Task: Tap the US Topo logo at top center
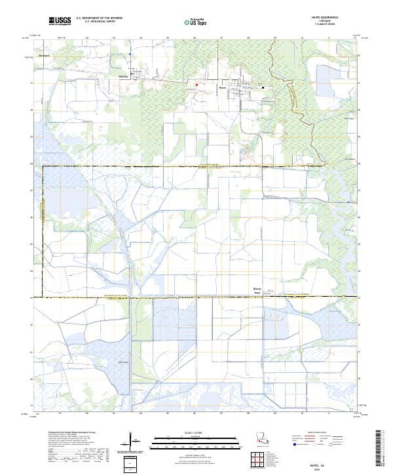pyautogui.click(x=195, y=22)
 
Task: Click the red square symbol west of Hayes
pyautogui.click(x=197, y=84)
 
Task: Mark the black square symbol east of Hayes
pyautogui.click(x=263, y=87)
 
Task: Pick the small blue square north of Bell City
pyautogui.click(x=130, y=54)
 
